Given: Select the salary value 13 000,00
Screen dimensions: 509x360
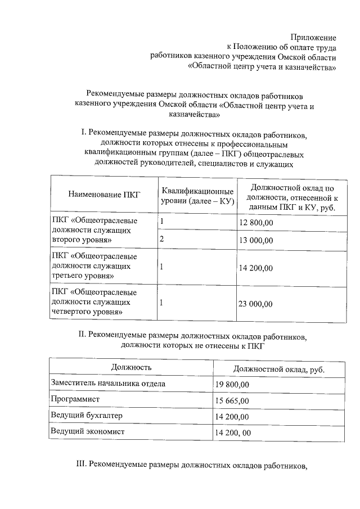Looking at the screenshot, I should [x=256, y=240].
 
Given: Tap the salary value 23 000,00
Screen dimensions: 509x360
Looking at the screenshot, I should [x=256, y=304].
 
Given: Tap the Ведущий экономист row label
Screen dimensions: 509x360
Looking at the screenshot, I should [x=87, y=431].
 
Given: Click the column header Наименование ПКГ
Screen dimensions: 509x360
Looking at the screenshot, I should [x=103, y=195].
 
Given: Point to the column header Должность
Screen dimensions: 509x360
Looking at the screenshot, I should [x=131, y=367].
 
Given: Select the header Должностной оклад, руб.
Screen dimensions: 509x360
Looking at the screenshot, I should [x=279, y=369].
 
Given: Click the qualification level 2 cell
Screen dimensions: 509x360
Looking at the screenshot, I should [x=162, y=240].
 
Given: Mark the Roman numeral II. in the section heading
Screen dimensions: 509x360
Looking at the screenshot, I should [x=82, y=335].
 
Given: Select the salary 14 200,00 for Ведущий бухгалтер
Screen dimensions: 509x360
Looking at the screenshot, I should [x=232, y=417].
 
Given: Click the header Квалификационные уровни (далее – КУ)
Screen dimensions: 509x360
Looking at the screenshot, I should [x=197, y=195].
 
